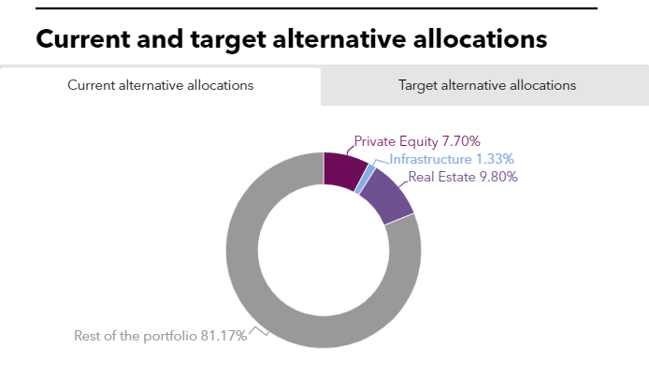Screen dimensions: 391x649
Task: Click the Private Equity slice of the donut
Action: [343, 168]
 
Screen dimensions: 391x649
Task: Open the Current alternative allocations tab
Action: [160, 85]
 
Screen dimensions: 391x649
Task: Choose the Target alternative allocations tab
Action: [486, 85]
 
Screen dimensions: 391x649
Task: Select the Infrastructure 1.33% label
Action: [451, 159]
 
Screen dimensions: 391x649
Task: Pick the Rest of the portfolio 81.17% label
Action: [160, 335]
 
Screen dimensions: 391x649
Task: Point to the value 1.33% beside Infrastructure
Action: [493, 159]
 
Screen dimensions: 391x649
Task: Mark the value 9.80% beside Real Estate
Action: [498, 176]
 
